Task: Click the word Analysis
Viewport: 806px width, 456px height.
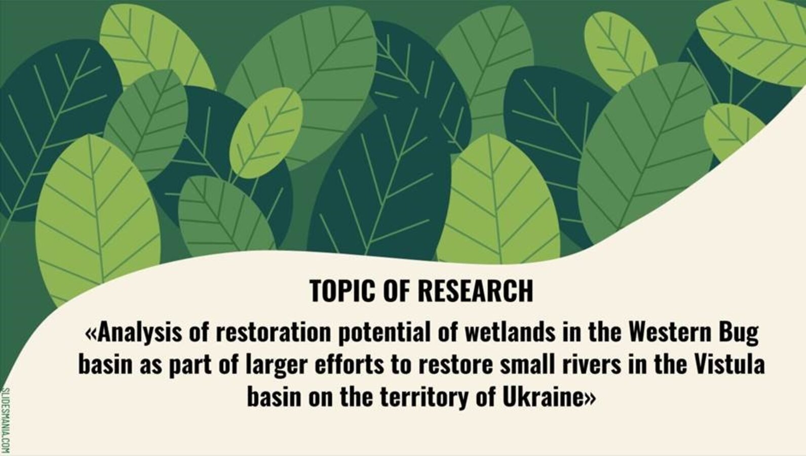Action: click(x=140, y=332)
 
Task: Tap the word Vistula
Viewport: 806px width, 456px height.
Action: click(x=729, y=365)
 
